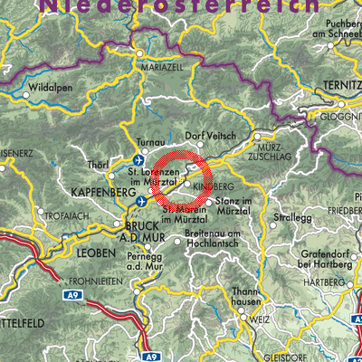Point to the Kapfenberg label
pos(95,193)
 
